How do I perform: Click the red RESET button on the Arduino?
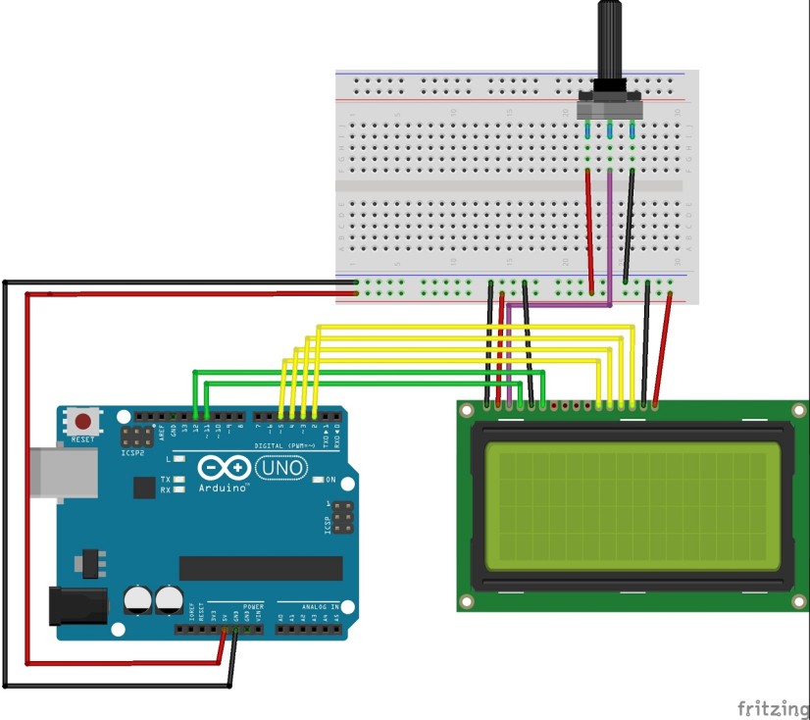click(x=83, y=422)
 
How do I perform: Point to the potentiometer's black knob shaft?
click(x=609, y=44)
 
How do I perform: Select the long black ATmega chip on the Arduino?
click(x=261, y=568)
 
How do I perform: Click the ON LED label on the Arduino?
click(x=330, y=480)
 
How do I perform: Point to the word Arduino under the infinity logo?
click(x=224, y=488)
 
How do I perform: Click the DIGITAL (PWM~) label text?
click(x=285, y=445)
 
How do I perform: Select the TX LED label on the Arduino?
click(x=166, y=479)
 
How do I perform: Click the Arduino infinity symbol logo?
click(x=224, y=468)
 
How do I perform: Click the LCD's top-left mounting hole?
click(x=468, y=410)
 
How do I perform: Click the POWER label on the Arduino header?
click(x=252, y=607)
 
